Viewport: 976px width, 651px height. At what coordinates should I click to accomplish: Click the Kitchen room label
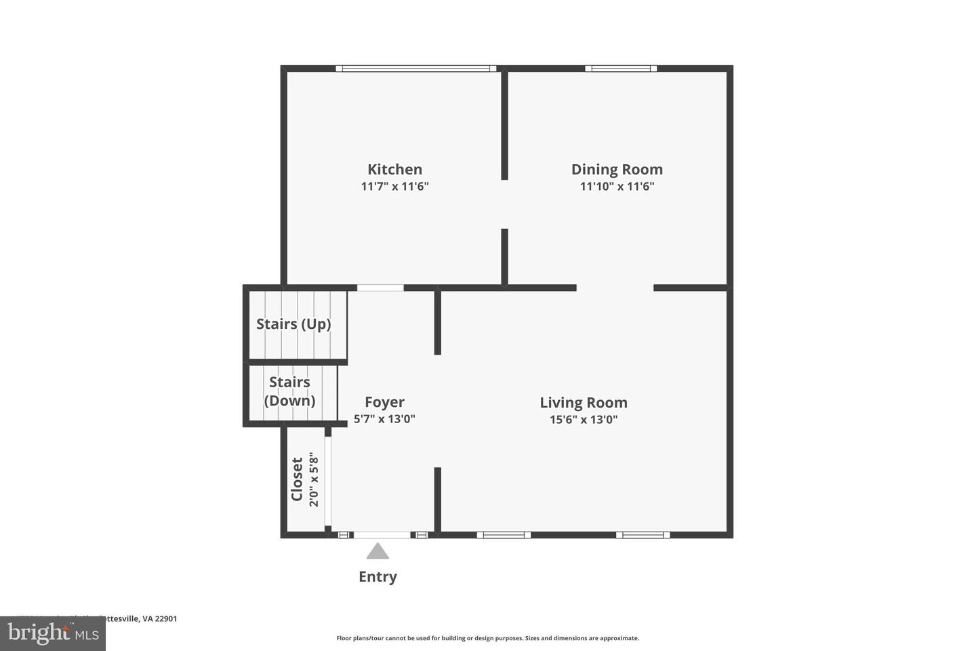(x=394, y=170)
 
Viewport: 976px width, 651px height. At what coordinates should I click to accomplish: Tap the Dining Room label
(x=617, y=170)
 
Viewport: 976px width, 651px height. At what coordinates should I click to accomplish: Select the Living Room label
(x=583, y=403)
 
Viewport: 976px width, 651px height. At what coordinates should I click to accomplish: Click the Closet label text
(x=297, y=479)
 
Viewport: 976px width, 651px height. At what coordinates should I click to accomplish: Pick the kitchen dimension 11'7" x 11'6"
(x=394, y=186)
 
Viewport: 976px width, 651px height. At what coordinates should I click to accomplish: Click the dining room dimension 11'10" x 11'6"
(x=617, y=186)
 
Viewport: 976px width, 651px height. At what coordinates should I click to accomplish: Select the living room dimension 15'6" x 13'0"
(x=583, y=420)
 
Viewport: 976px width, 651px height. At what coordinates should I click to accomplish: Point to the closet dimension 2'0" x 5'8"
(x=313, y=479)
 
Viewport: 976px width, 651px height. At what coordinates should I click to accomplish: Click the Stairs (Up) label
(x=293, y=324)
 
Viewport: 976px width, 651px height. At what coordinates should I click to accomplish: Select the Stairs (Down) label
(x=289, y=391)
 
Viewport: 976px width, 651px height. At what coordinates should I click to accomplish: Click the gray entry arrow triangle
(x=378, y=551)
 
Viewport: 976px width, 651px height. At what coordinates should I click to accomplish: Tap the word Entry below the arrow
(x=378, y=577)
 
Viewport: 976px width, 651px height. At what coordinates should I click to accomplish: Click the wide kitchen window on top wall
(x=415, y=68)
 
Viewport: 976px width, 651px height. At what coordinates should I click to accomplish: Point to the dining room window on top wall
(x=621, y=68)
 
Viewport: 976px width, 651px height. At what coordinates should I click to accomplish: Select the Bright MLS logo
(x=52, y=634)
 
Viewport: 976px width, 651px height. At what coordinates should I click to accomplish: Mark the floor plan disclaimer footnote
(x=487, y=638)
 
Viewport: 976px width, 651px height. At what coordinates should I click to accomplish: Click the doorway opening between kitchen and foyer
(x=380, y=288)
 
